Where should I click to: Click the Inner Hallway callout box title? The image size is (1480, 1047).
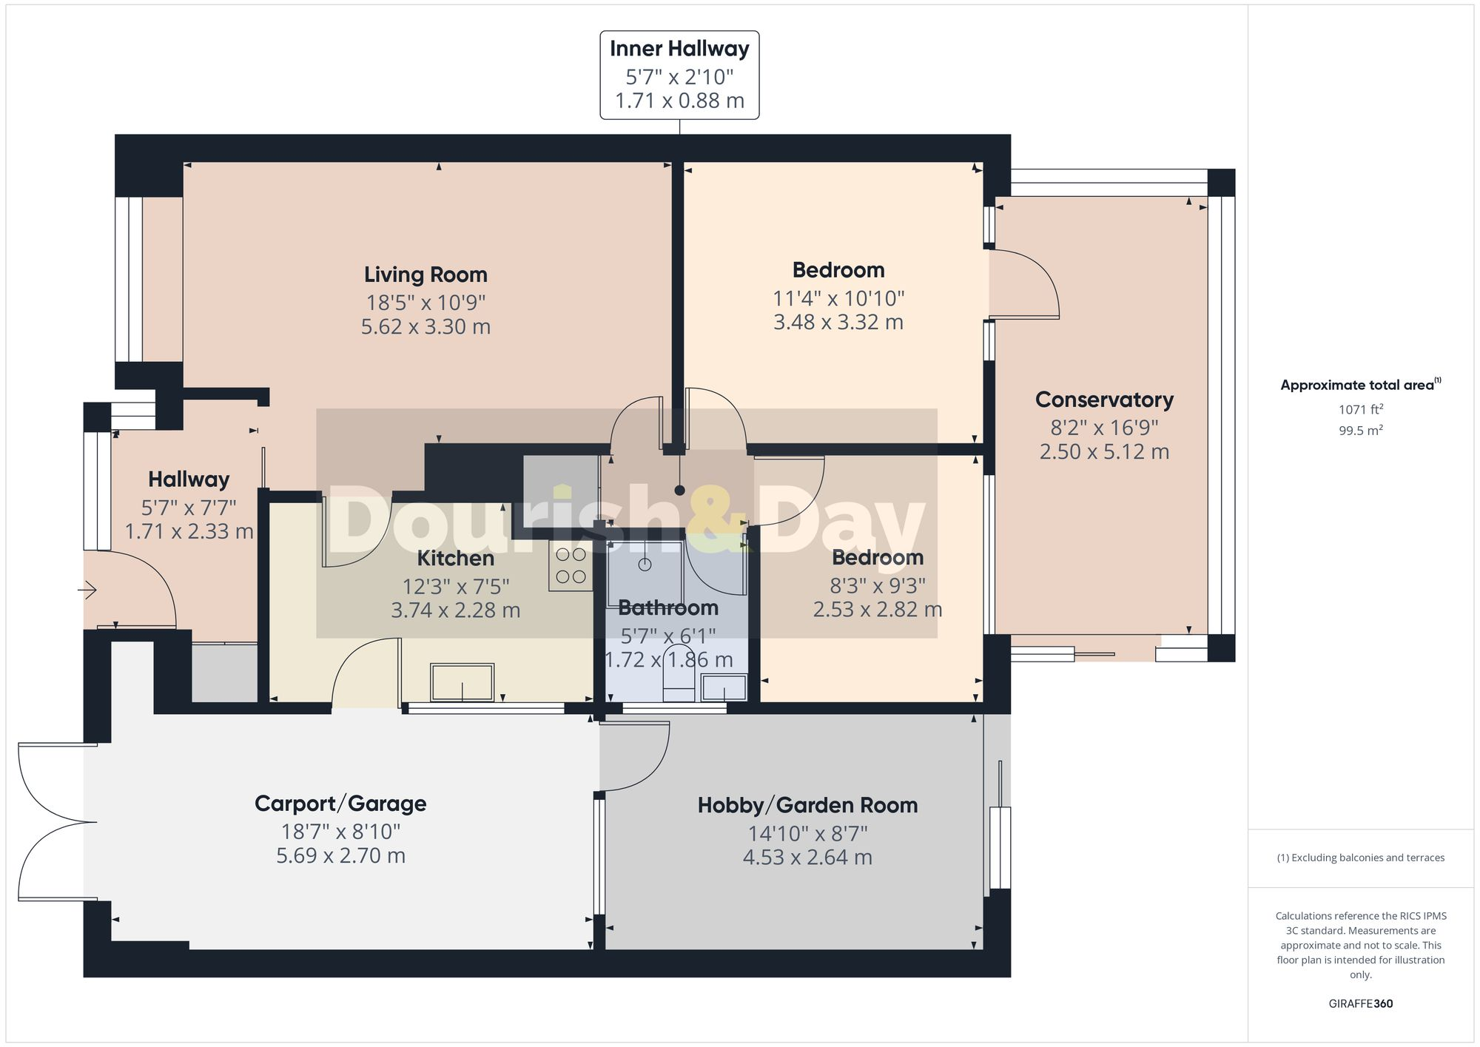tap(679, 49)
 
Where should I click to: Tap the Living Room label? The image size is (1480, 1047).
tap(425, 275)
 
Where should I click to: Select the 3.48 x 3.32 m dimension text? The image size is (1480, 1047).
tap(838, 322)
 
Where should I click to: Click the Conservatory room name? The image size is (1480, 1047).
tap(1104, 400)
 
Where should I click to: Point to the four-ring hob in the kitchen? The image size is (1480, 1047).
tap(571, 566)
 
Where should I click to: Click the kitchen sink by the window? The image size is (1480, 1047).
tap(462, 681)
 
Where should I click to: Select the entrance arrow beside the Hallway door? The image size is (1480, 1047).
tap(87, 590)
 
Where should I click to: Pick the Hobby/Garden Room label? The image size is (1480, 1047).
tap(807, 805)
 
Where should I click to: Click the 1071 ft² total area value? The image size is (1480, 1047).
tap(1360, 409)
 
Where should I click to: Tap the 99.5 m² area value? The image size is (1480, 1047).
tap(1360, 430)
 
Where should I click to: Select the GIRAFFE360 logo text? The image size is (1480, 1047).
tap(1360, 1003)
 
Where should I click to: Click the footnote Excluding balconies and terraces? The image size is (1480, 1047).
tap(1360, 858)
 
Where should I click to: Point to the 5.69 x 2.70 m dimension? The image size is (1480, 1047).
tap(340, 855)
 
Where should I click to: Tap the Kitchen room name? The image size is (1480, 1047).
tap(455, 558)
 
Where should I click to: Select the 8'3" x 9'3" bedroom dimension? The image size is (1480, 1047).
tap(877, 586)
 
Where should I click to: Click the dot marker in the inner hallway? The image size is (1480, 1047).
tap(679, 490)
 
